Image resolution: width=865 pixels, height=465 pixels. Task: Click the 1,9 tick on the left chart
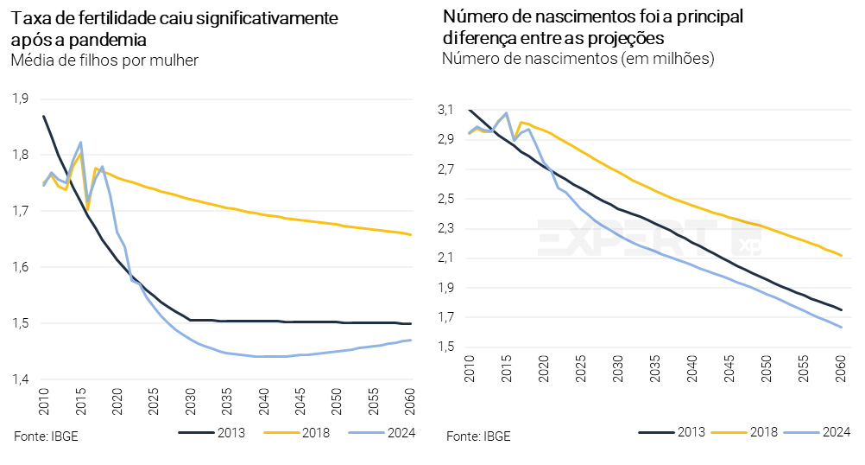tap(20, 98)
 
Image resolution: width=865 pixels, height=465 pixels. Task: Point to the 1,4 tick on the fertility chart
tap(20, 379)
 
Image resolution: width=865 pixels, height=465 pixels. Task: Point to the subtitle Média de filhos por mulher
tap(105, 61)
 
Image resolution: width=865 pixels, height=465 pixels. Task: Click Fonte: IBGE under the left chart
tap(46, 435)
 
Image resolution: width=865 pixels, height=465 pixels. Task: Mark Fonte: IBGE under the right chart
tap(478, 436)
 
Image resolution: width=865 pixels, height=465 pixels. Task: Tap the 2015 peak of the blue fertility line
tap(80, 143)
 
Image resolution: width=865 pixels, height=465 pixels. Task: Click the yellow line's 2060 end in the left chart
tap(411, 234)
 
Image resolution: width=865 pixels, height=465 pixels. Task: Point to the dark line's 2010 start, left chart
tap(43, 116)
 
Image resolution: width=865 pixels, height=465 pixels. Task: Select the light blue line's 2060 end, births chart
tap(841, 327)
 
